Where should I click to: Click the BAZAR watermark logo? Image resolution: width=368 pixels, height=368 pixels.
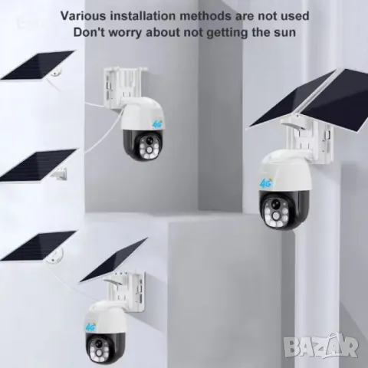click(320, 346)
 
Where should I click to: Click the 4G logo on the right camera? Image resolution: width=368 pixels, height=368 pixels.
click(266, 182)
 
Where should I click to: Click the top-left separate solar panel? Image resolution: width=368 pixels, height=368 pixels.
click(38, 65)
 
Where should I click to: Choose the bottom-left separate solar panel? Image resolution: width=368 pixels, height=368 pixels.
click(38, 246)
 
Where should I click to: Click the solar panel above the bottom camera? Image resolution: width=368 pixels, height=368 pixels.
click(113, 259)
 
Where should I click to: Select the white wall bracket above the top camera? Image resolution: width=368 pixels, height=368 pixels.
click(124, 86)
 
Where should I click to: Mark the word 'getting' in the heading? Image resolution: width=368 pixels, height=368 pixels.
click(227, 33)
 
